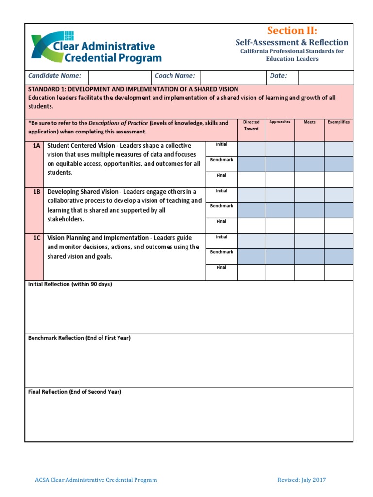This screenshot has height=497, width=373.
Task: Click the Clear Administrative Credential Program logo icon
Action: tap(48, 47)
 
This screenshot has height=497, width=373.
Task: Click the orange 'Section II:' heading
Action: tap(292, 31)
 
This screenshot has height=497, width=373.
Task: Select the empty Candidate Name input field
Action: tap(119, 76)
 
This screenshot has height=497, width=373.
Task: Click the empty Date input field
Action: tap(325, 76)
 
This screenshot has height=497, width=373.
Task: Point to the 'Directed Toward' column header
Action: tap(251, 125)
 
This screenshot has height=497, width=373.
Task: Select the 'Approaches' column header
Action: tap(280, 122)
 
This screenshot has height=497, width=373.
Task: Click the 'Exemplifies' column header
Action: tap(339, 122)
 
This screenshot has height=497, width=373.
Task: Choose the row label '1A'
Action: tap(36, 146)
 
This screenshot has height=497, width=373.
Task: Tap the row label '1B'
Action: tap(36, 192)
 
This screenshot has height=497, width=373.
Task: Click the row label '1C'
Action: tap(36, 238)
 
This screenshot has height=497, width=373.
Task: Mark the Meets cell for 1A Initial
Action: tap(309, 149)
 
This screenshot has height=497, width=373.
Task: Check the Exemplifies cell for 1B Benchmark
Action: tap(339, 210)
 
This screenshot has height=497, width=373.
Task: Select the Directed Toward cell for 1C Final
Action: tap(251, 272)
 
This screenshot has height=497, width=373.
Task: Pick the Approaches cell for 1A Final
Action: tap(280, 180)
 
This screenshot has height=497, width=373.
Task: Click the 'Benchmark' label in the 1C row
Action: tap(221, 252)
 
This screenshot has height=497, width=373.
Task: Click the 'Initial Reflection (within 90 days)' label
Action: tap(70, 284)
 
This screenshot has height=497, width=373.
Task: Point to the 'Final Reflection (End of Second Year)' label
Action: tap(75, 392)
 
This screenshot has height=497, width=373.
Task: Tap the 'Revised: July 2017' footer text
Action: tap(302, 480)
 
